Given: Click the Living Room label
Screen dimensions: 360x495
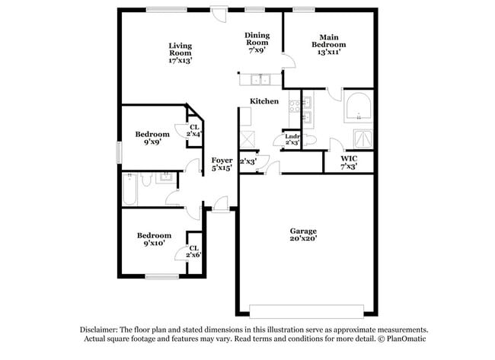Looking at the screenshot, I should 180,53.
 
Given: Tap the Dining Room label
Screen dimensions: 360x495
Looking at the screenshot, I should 257,43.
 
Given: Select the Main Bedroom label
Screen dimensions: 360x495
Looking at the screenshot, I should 328,45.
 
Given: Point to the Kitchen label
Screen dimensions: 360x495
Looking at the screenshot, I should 263,101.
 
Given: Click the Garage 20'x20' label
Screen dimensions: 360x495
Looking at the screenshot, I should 302,234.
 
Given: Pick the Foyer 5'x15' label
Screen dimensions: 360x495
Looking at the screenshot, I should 222,164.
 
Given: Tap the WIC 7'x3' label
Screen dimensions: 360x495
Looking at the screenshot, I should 347,161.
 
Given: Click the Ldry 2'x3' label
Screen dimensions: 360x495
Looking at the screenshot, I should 292,139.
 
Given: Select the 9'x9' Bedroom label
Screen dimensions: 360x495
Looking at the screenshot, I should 152,138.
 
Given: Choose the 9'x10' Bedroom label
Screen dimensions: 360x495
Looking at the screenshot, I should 154,240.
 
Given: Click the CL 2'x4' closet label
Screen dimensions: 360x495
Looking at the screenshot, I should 194,131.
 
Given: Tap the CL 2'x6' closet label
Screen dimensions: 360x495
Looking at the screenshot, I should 194,251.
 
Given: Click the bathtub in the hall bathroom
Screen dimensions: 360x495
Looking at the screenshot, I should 129,188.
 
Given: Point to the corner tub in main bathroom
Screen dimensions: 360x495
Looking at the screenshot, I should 358,107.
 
